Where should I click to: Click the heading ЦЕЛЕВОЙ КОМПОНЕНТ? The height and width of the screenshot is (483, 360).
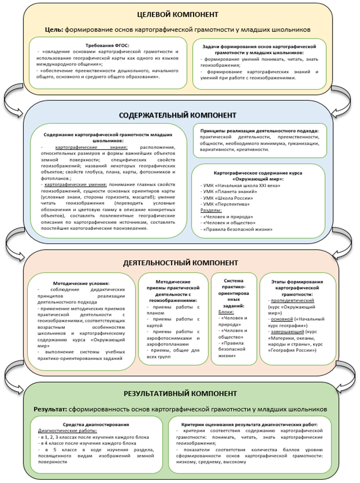click(x=179, y=14)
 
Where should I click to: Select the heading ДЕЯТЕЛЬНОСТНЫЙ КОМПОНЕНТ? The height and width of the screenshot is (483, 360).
click(x=179, y=262)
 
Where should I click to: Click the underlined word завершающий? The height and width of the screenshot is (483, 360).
click(x=289, y=332)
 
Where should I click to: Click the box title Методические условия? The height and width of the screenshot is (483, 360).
click(x=81, y=283)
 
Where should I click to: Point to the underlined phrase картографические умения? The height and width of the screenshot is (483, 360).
click(x=75, y=184)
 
